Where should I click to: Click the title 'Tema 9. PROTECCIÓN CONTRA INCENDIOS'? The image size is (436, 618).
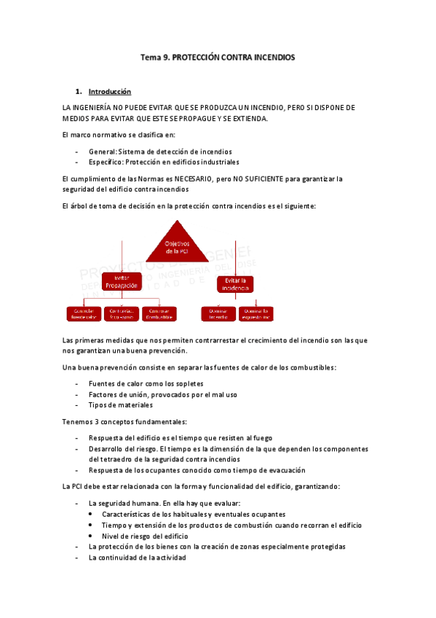(218, 57)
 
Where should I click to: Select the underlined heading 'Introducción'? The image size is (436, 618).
(109, 92)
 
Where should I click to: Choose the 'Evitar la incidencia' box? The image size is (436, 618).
(236, 283)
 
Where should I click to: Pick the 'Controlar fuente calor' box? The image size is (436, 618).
(83, 313)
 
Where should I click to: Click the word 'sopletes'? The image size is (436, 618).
(188, 383)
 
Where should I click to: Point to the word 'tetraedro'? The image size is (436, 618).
(104, 460)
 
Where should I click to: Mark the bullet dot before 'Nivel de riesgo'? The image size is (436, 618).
(90, 536)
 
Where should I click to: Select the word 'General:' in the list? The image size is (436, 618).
(102, 151)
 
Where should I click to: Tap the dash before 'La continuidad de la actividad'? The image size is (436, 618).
(77, 558)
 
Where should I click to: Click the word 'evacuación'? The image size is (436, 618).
(283, 470)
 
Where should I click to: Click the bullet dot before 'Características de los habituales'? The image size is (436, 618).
(90, 514)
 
